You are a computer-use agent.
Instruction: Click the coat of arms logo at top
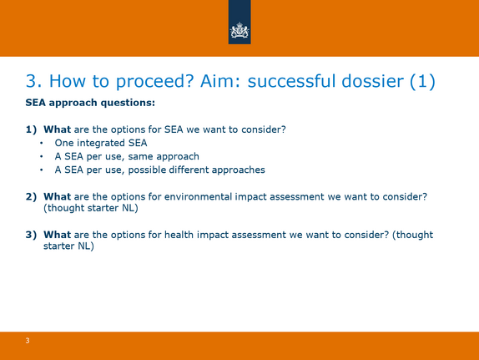click(x=239, y=31)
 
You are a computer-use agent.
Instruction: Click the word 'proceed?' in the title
click(x=155, y=82)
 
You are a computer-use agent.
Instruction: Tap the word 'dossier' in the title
click(x=372, y=81)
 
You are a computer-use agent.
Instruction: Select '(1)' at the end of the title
click(x=422, y=82)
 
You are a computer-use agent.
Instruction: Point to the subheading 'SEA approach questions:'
click(x=90, y=103)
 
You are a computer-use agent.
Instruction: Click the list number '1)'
click(x=31, y=129)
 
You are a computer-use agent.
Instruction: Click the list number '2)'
click(x=31, y=196)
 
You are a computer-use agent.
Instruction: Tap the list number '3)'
click(x=31, y=235)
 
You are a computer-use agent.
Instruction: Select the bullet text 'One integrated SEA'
click(x=101, y=143)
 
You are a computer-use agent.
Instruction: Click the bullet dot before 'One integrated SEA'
click(x=41, y=143)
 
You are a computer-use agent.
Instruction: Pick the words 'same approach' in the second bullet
click(x=164, y=156)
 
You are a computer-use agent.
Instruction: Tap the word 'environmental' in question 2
click(x=198, y=196)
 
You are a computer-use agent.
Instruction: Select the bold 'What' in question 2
click(x=57, y=196)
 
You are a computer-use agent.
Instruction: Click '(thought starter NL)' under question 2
click(x=91, y=208)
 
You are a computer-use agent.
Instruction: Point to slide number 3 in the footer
click(x=28, y=341)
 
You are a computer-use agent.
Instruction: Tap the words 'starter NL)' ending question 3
click(x=68, y=246)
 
